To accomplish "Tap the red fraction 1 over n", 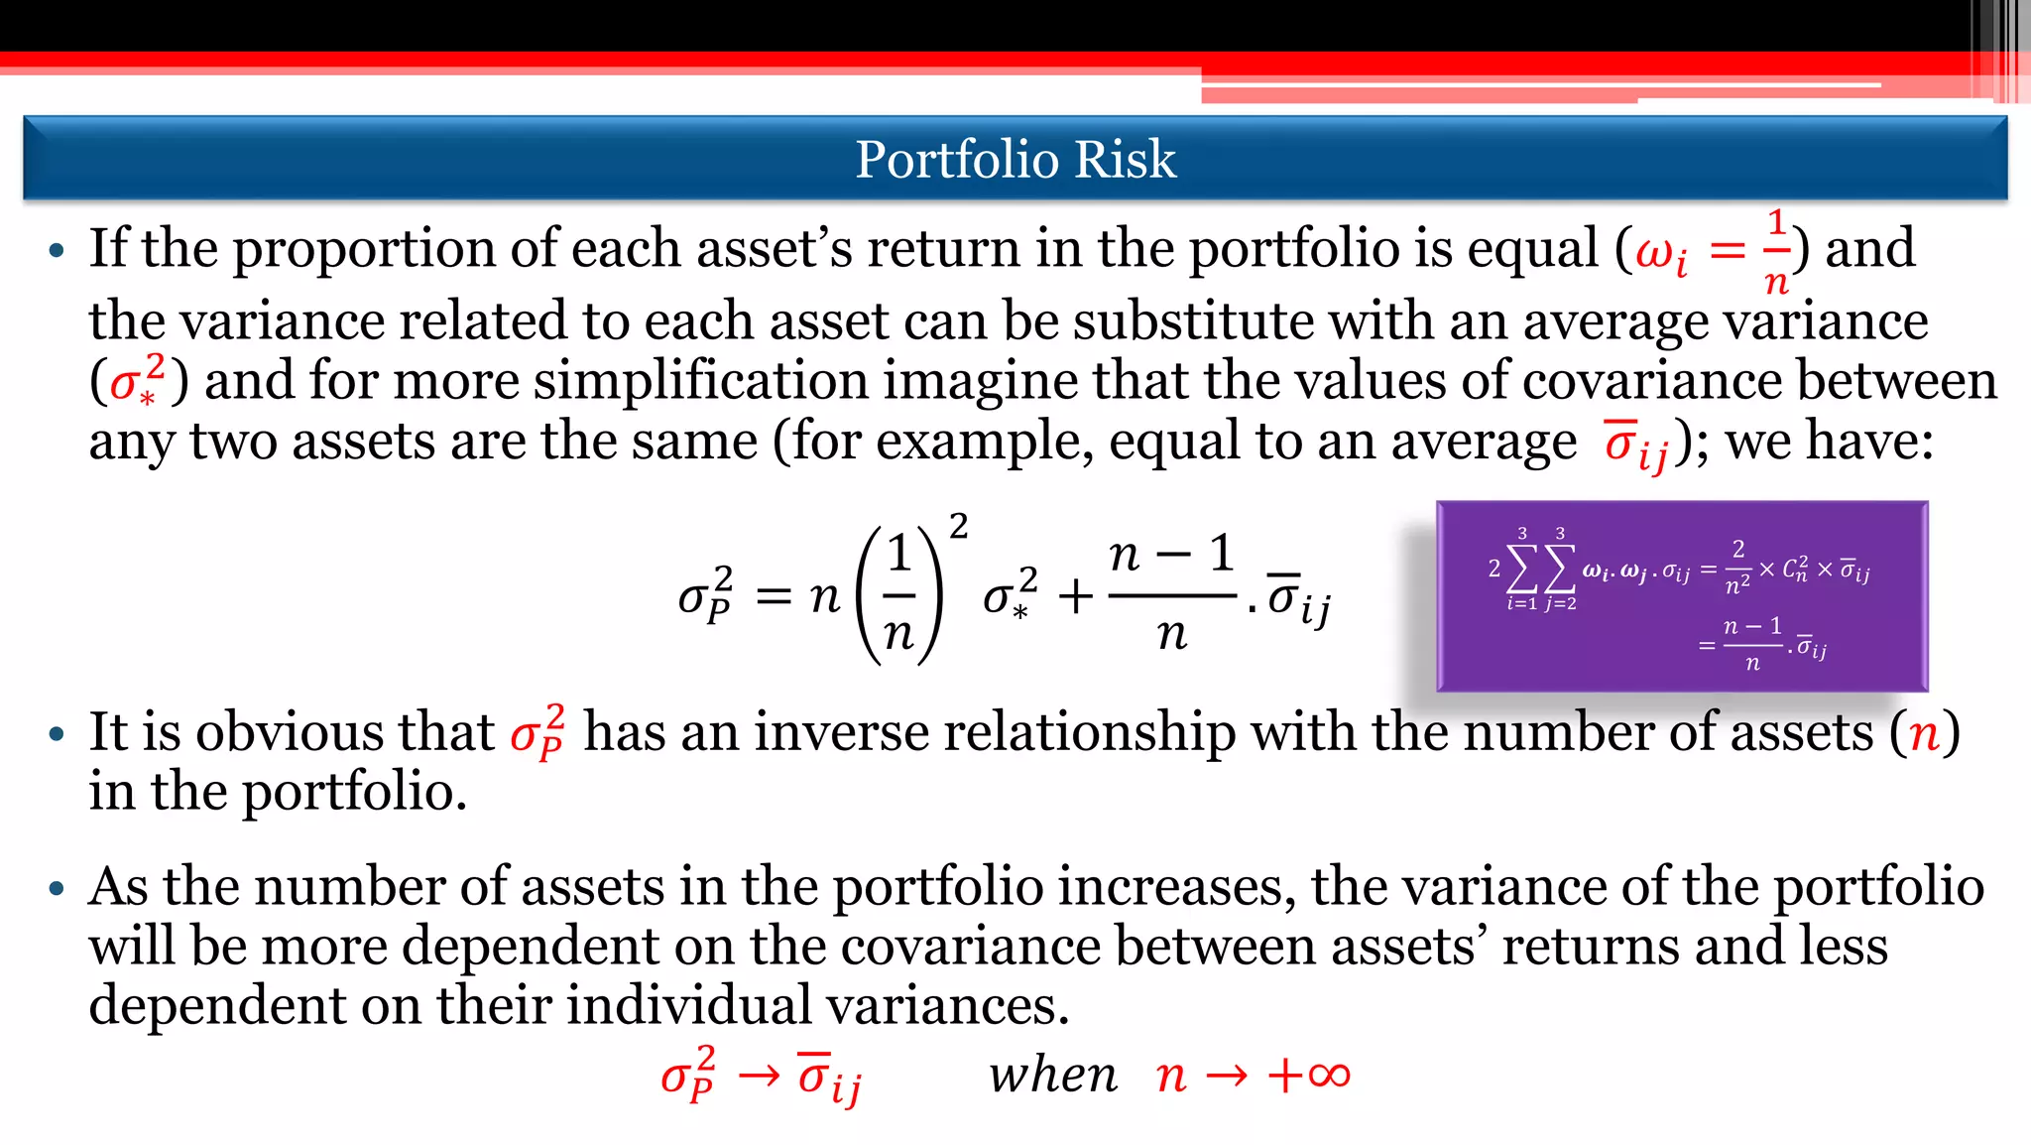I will coord(1776,252).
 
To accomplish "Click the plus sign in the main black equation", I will coord(1075,596).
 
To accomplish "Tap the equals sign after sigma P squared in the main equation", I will coord(774,596).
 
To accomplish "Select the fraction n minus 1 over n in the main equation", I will coord(1171,593).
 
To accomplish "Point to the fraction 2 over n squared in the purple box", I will coord(1737,569).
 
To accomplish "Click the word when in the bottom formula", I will coord(1052,1076).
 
